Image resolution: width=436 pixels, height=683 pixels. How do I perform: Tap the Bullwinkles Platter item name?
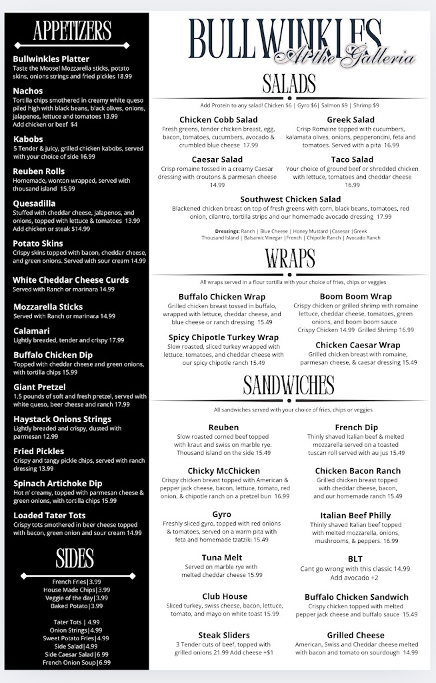click(x=51, y=59)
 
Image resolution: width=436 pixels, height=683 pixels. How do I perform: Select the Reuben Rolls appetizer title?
click(x=39, y=171)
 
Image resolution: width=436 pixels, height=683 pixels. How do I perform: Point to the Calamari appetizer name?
click(x=31, y=330)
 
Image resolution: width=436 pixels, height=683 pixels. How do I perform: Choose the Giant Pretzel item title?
click(x=39, y=387)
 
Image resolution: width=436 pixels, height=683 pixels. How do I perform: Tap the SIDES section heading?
click(x=75, y=557)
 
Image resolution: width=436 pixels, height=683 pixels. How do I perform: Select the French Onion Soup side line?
click(x=75, y=662)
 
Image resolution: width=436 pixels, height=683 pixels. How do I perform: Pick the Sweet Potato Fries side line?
click(x=75, y=638)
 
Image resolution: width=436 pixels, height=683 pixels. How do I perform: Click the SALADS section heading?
click(x=289, y=84)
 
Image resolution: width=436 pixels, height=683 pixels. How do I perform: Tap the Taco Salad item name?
click(x=352, y=159)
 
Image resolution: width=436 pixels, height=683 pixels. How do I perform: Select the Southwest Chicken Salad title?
click(x=290, y=199)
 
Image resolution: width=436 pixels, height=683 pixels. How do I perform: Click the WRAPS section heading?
click(x=290, y=257)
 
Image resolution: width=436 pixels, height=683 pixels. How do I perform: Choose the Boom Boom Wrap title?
click(x=355, y=296)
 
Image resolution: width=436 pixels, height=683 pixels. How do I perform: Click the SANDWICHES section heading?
click(x=289, y=385)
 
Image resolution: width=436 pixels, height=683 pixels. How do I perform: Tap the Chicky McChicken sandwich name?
click(x=223, y=471)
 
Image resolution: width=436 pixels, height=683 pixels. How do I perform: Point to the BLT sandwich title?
click(x=355, y=559)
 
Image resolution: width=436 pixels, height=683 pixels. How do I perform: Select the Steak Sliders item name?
click(x=223, y=635)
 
